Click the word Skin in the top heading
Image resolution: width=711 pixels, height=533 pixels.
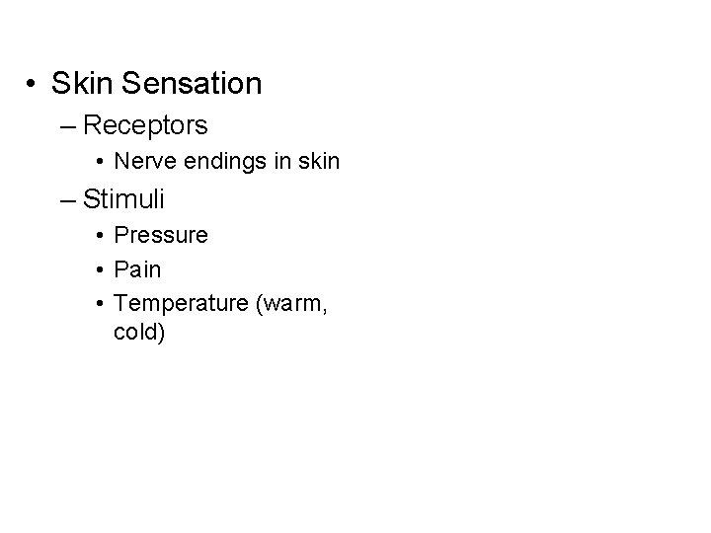click(81, 84)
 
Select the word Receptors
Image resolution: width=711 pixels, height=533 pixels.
click(145, 125)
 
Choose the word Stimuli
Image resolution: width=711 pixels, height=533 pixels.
click(123, 199)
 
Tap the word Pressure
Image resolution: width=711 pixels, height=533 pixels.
click(161, 236)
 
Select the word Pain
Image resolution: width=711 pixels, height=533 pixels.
click(137, 268)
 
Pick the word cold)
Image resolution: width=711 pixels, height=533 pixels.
click(140, 333)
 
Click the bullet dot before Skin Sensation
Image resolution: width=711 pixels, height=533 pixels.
click(34, 85)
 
